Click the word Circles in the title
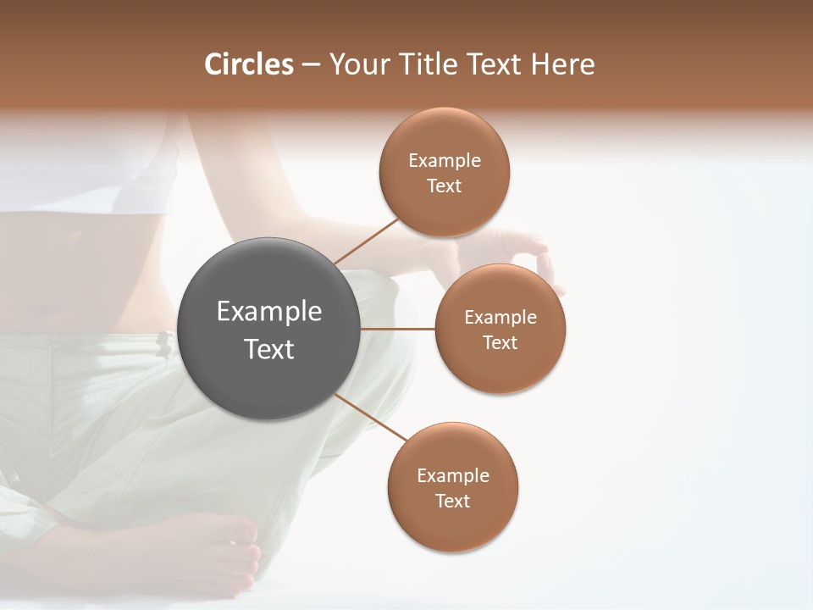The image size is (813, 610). pos(248,64)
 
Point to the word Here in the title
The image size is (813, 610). pos(563,64)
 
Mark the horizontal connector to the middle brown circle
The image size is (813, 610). pos(398,329)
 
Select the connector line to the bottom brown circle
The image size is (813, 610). pos(371,418)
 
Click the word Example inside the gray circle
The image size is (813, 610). pos(269,312)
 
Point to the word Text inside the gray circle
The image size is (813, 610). pos(269,349)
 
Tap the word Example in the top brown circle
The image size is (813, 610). pos(445,161)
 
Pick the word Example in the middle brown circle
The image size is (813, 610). pos(501,318)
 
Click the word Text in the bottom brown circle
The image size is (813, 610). pos(453,502)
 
